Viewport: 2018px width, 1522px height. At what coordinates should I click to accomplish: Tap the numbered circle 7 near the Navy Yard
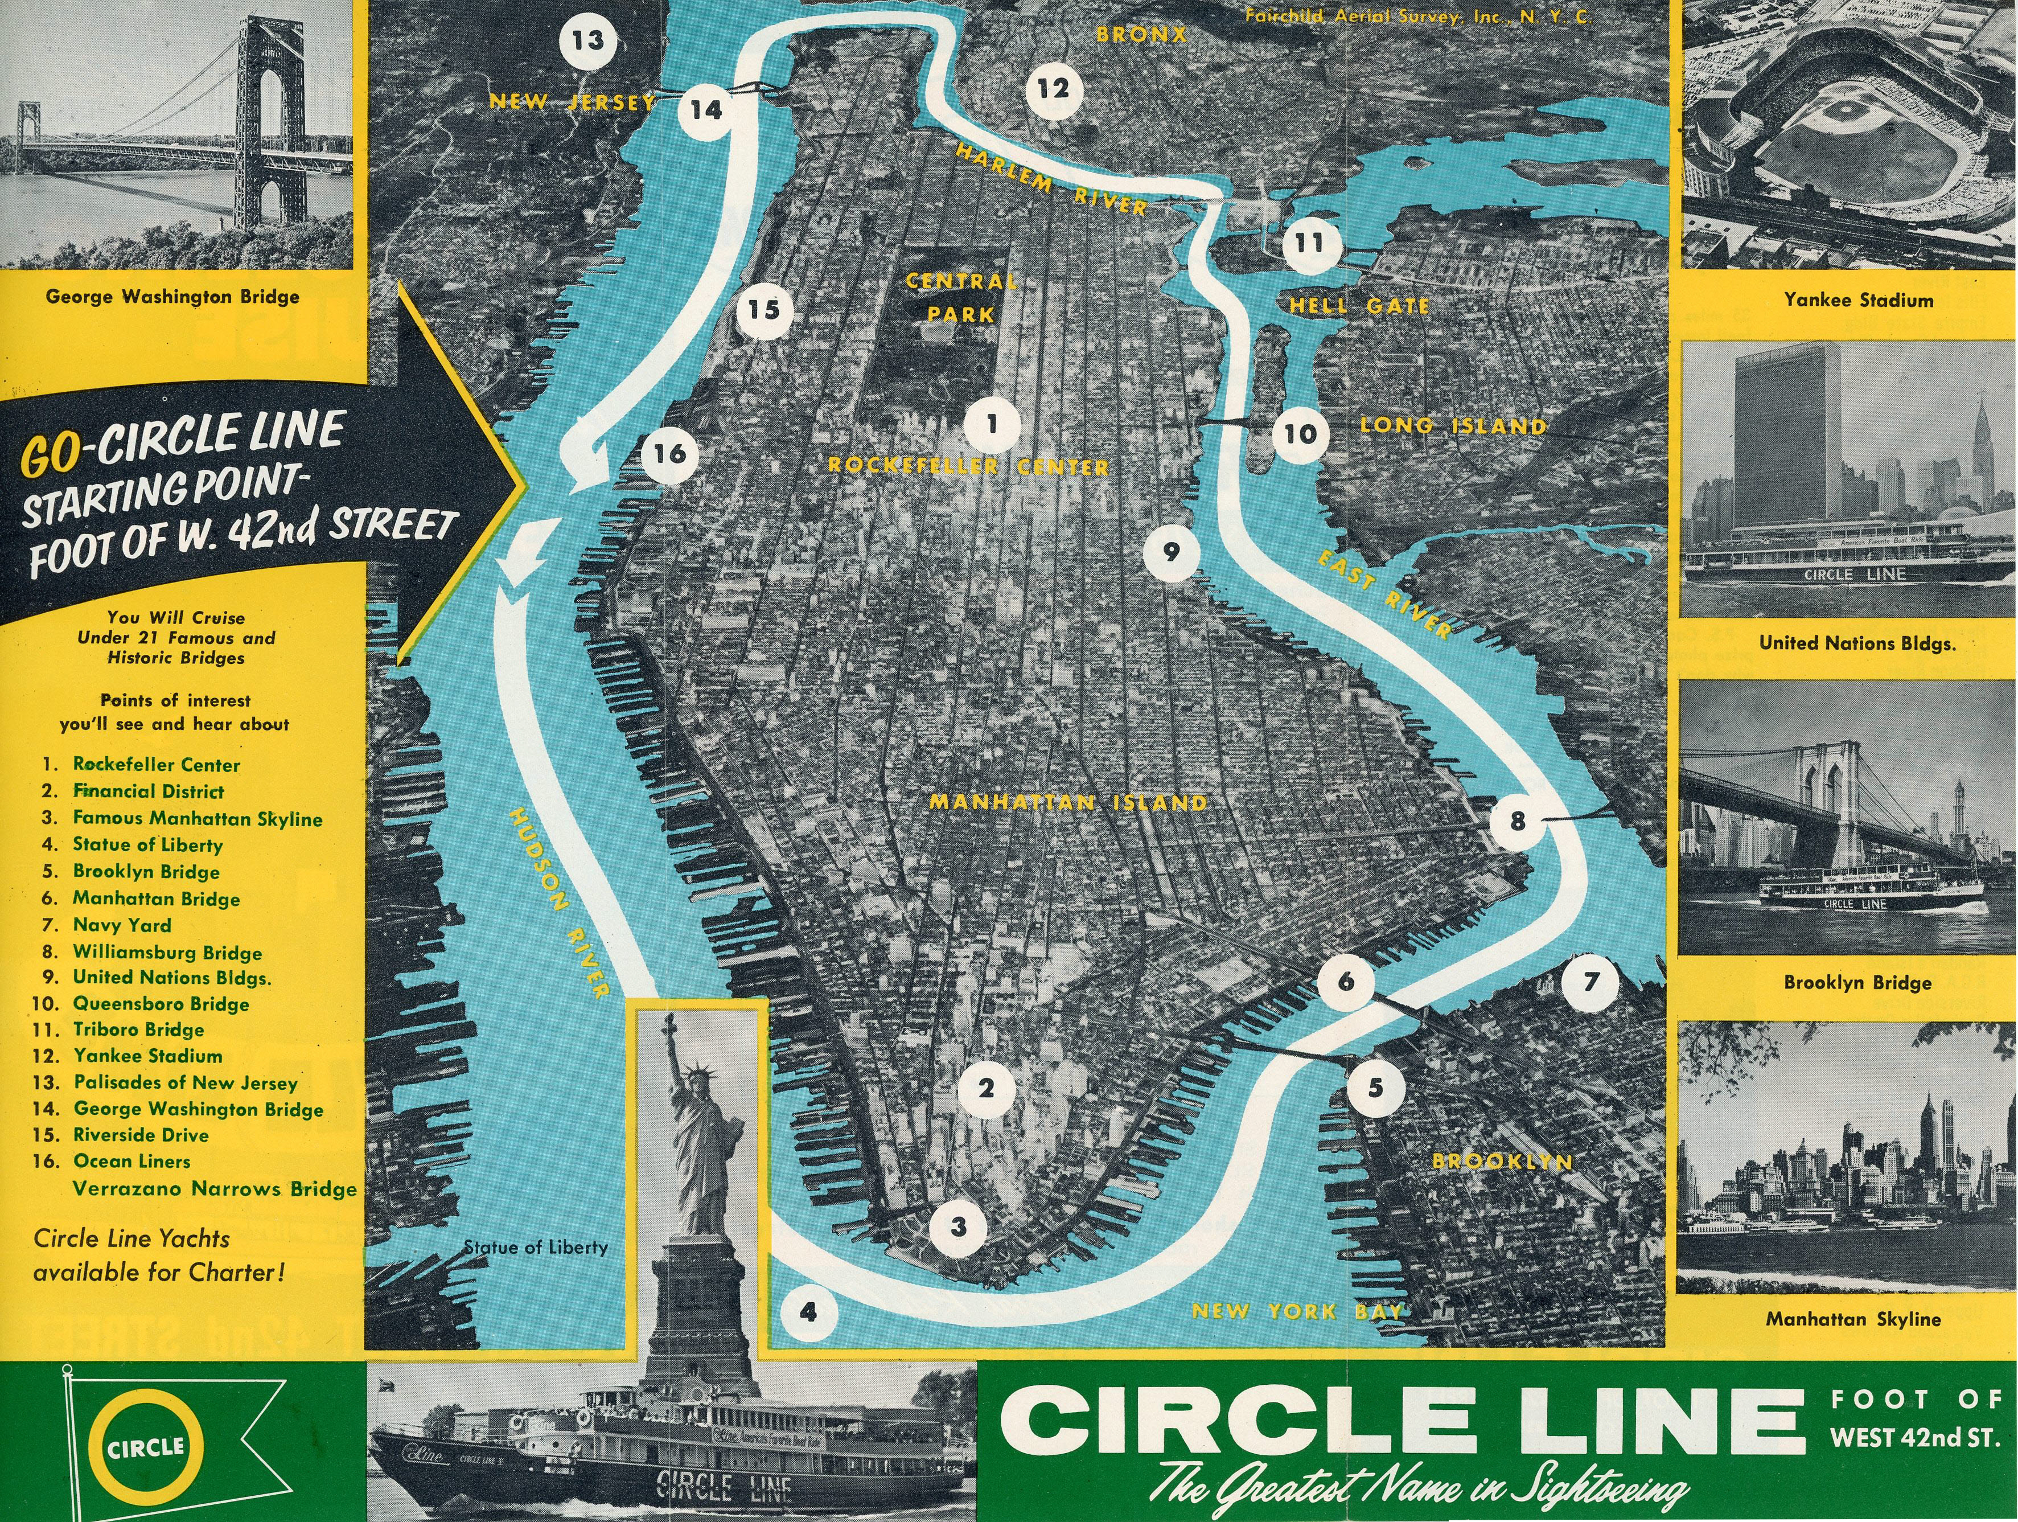tap(1590, 982)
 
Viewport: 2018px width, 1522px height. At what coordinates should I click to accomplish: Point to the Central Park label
tap(961, 297)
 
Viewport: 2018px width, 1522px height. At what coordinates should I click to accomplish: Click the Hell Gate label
tap(1358, 306)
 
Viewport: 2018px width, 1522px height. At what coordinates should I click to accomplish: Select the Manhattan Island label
tap(1067, 803)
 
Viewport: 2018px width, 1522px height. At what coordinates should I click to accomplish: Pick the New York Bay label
tap(1296, 1311)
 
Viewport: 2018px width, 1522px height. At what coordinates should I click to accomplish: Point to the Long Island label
tap(1453, 425)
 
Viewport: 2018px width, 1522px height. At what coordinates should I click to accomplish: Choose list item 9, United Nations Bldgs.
tap(171, 977)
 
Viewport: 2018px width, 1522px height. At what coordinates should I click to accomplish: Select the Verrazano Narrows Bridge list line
tap(215, 1189)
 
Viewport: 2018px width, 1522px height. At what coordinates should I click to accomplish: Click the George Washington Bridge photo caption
tap(172, 297)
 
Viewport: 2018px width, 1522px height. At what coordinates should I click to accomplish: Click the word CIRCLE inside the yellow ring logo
tap(146, 1448)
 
